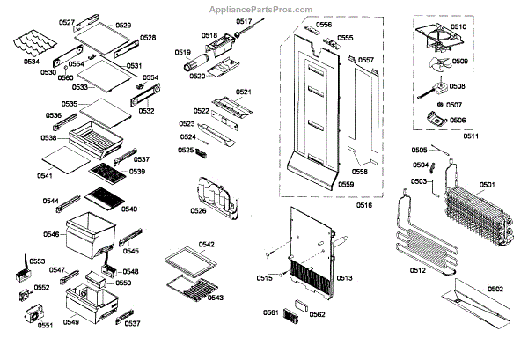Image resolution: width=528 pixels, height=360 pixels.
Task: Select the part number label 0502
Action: (495, 288)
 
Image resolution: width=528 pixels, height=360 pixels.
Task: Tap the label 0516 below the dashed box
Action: (363, 204)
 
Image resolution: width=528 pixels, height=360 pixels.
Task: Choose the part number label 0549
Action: (70, 322)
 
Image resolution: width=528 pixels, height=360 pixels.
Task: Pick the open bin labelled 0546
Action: (94, 231)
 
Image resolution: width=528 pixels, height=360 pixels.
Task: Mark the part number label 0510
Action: (458, 27)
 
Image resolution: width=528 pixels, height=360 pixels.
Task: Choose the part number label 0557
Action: (366, 60)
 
